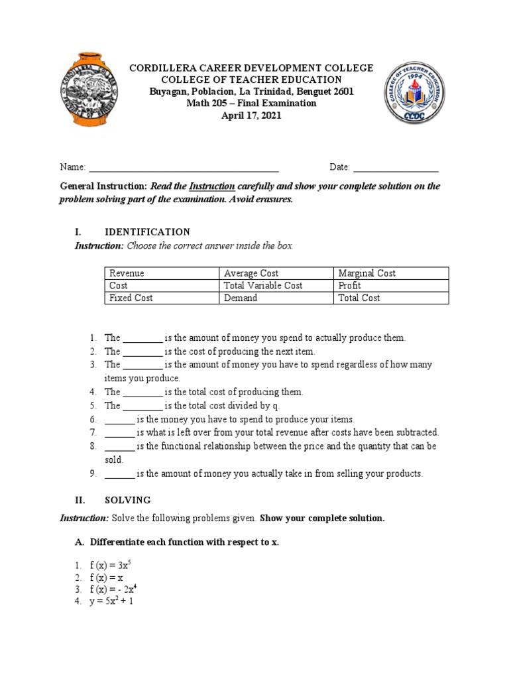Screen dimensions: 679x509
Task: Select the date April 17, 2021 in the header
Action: [251, 115]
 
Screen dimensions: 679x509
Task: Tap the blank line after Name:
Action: [184, 167]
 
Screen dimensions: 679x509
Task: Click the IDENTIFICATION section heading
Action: [147, 232]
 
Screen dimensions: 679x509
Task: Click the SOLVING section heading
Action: [128, 500]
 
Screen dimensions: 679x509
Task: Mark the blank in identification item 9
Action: [119, 474]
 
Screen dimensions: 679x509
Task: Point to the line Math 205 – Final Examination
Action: [251, 103]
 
